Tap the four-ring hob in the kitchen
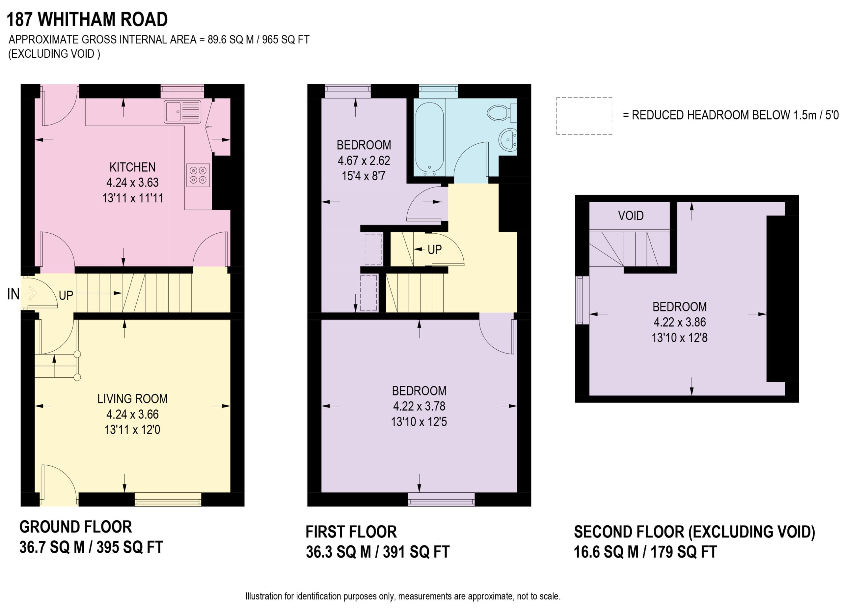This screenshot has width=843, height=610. click(x=198, y=175)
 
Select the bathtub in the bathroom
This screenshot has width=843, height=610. click(x=429, y=139)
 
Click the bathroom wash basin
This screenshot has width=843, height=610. click(x=508, y=140)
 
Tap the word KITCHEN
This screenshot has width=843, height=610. click(x=132, y=167)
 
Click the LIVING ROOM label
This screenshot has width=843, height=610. click(x=132, y=398)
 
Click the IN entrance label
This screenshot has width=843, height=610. click(x=14, y=294)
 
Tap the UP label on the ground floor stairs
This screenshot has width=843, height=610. click(x=66, y=295)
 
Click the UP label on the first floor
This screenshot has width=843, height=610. click(x=435, y=249)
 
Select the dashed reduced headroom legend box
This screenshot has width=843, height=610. click(x=584, y=116)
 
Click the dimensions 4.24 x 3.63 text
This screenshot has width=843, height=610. click(x=132, y=182)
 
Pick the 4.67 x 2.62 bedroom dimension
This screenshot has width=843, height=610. click(x=364, y=160)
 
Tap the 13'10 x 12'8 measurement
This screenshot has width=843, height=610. click(x=679, y=337)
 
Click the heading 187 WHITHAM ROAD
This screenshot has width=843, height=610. click(x=87, y=19)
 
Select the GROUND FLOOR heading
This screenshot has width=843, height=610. click(x=75, y=527)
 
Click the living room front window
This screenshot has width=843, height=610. click(x=168, y=499)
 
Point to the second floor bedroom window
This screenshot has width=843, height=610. click(x=582, y=300)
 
